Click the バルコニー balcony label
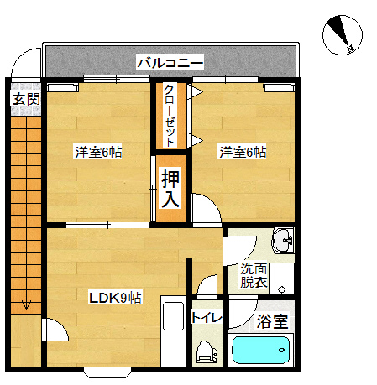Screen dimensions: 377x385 click(x=170, y=62)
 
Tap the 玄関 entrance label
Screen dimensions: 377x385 click(x=26, y=99)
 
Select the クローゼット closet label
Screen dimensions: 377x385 click(x=170, y=116)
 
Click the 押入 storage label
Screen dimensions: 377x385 click(x=170, y=189)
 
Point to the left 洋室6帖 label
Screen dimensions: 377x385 click(x=98, y=152)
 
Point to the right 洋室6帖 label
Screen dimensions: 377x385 click(x=243, y=152)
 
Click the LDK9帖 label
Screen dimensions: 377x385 click(x=115, y=298)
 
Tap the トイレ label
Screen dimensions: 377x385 click(x=207, y=317)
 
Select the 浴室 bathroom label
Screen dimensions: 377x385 click(x=272, y=321)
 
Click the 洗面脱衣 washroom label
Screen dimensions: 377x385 click(x=254, y=275)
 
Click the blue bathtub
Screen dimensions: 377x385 click(x=261, y=350)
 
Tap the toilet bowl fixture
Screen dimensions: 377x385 click(x=206, y=351)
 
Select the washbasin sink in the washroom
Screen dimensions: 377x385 click(x=283, y=241)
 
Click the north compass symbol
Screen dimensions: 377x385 click(x=343, y=34)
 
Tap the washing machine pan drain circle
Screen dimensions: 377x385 click(x=281, y=289)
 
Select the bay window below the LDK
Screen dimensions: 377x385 click(x=107, y=372)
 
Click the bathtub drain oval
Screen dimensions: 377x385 click(x=281, y=350)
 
